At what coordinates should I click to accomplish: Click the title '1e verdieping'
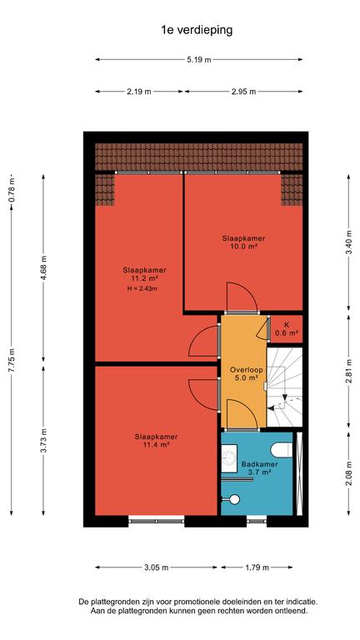[x=197, y=30]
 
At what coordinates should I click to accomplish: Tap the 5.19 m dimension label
[x=199, y=60]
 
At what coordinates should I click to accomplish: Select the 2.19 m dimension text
[x=139, y=92]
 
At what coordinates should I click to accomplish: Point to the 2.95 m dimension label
[x=243, y=92]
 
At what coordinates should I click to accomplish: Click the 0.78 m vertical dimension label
[x=12, y=191]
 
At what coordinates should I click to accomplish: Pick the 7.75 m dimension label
[x=12, y=359]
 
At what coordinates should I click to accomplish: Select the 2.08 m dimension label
[x=348, y=473]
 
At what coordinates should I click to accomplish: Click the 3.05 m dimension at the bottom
[x=156, y=567]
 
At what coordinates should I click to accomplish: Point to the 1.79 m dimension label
[x=257, y=567]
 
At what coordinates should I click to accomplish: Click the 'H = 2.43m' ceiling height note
[x=142, y=289]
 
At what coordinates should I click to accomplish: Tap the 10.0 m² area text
[x=243, y=246]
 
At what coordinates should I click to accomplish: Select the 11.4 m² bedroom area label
[x=157, y=444]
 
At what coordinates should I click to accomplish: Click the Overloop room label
[x=243, y=370]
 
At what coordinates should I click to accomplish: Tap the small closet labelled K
[x=287, y=329]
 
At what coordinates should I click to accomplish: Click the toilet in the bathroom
[x=282, y=451]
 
